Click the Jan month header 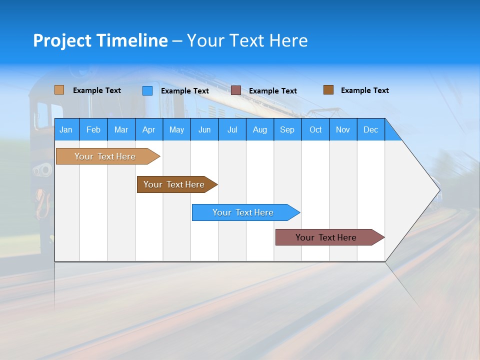pos(66,129)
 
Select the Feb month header pos(93,129)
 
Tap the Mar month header pos(121,129)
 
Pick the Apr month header pos(148,129)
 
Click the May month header pos(176,129)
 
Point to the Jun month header pos(204,129)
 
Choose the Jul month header pos(232,129)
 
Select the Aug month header pos(259,129)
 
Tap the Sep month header pos(287,129)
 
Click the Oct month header pos(315,129)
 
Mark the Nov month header pos(342,129)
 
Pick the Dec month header pos(370,129)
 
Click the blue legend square pos(147,90)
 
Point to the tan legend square pos(59,90)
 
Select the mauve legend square pos(236,90)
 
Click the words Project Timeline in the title pos(100,40)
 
